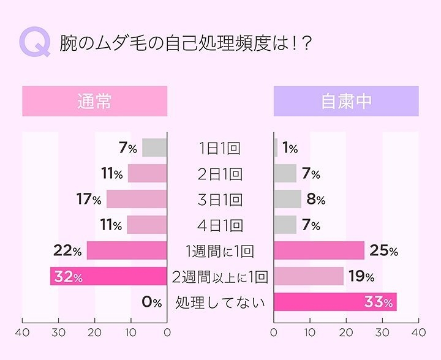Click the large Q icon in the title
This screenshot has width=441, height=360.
[x=34, y=43]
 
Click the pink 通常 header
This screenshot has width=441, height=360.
[x=94, y=101]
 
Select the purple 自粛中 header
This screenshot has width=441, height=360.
[x=346, y=101]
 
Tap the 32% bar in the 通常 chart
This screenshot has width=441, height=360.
[x=108, y=277]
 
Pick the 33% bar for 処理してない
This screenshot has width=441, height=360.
[x=335, y=302]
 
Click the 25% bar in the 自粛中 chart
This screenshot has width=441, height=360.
[x=318, y=250]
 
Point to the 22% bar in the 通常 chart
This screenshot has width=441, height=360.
[x=127, y=250]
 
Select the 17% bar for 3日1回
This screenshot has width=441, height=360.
[x=136, y=199]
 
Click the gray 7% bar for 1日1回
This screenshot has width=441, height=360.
[x=154, y=148]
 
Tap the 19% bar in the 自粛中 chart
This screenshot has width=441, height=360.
[x=308, y=276]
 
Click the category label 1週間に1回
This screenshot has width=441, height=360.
[x=219, y=251]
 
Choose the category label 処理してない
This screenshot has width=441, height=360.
[x=220, y=302]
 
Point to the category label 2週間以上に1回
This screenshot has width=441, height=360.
[x=220, y=277]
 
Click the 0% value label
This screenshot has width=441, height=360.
[x=151, y=302]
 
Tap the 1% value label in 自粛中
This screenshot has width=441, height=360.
[x=290, y=148]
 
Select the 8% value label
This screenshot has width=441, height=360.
[x=315, y=200]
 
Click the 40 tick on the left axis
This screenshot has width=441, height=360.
[x=23, y=332]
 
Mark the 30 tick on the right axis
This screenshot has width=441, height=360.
[x=382, y=332]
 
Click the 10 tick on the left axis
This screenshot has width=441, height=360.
[x=131, y=332]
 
